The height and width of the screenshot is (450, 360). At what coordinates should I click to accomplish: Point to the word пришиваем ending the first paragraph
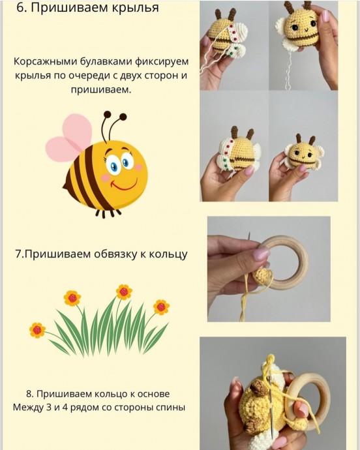(105, 90)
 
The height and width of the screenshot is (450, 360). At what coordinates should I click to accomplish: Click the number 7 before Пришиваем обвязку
(18, 254)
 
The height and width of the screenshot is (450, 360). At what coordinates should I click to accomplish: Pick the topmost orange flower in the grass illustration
(124, 292)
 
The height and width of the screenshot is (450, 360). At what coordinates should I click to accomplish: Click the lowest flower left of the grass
(37, 329)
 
